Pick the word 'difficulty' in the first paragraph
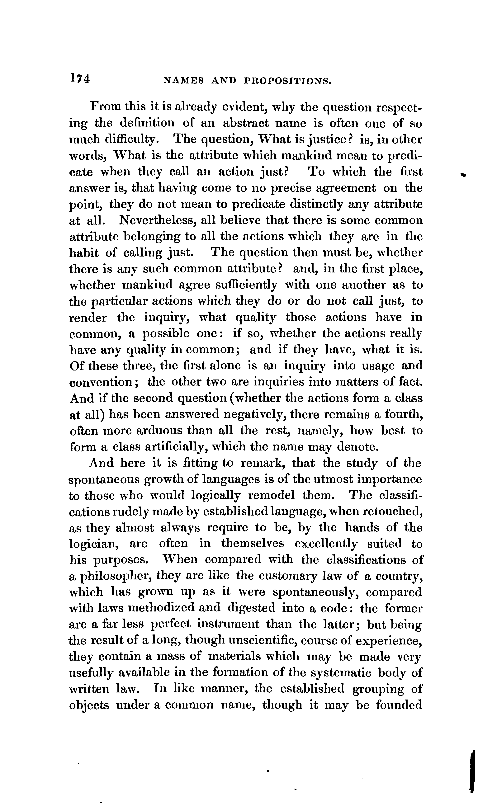[131, 140]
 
